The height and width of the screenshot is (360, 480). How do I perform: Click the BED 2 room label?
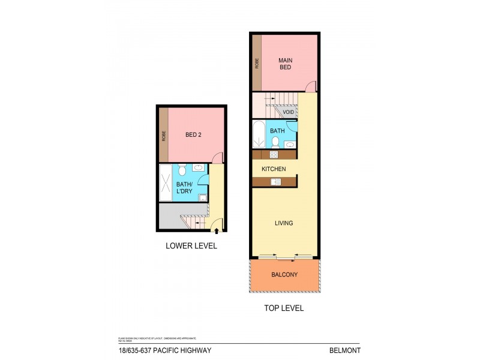pyautogui.click(x=193, y=135)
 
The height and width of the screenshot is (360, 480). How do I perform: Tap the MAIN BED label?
pyautogui.click(x=285, y=64)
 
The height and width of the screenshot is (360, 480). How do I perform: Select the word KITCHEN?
pyautogui.click(x=273, y=169)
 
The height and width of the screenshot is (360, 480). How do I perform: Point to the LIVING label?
pyautogui.click(x=284, y=223)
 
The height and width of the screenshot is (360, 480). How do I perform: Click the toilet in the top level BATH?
pyautogui.click(x=275, y=142)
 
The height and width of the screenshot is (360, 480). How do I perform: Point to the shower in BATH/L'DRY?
pyautogui.click(x=165, y=182)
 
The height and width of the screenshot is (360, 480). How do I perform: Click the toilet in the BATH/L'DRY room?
pyautogui.click(x=182, y=170)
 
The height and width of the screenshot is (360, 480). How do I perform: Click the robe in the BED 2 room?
pyautogui.click(x=163, y=136)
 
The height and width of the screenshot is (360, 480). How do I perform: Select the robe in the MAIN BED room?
pyautogui.click(x=257, y=63)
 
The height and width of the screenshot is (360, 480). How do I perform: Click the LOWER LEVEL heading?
pyautogui.click(x=191, y=245)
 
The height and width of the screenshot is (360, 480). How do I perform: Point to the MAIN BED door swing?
pyautogui.click(x=308, y=88)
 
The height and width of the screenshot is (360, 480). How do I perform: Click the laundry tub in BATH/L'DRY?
pyautogui.click(x=203, y=196)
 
